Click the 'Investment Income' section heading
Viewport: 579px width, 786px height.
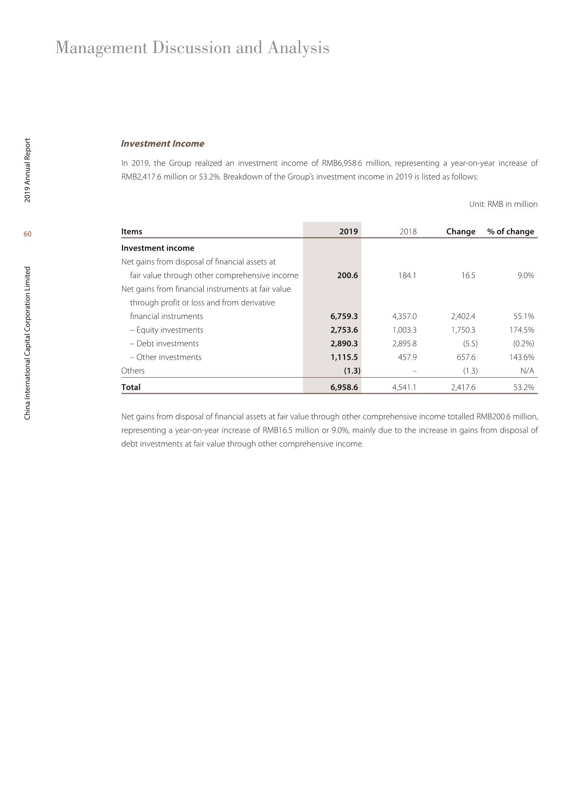(162, 144)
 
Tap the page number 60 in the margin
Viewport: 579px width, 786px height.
(28, 234)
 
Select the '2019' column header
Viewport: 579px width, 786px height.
(348, 232)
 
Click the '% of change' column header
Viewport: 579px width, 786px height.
(510, 232)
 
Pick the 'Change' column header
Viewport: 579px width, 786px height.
(460, 232)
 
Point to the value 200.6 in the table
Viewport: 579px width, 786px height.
(347, 275)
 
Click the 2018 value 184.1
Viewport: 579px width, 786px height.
(407, 275)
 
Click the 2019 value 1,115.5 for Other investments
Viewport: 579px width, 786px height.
(344, 357)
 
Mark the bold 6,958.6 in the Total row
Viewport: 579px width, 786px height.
(344, 387)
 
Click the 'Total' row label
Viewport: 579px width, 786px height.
(131, 387)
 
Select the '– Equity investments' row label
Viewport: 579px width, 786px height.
(166, 330)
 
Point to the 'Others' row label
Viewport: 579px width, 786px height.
(133, 371)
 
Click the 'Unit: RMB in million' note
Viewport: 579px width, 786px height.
(503, 204)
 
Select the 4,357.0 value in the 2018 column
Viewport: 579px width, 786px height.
(404, 316)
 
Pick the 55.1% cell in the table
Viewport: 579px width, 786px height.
(524, 316)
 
